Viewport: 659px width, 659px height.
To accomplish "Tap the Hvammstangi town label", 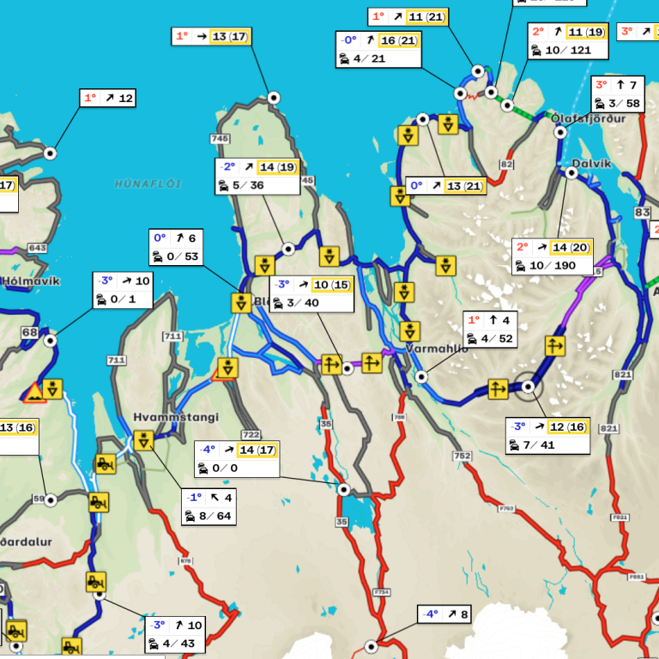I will pyautogui.click(x=175, y=418).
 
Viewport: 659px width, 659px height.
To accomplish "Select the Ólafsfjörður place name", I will pyautogui.click(x=589, y=118).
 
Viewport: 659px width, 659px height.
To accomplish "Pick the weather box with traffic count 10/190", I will pyautogui.click(x=552, y=257).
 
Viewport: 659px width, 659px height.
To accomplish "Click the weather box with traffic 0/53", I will pyautogui.click(x=177, y=247).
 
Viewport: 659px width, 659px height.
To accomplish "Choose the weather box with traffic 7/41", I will pyautogui.click(x=547, y=436).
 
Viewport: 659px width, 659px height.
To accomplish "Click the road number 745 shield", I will pyautogui.click(x=220, y=139).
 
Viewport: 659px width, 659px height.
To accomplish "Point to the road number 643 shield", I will pyautogui.click(x=37, y=249).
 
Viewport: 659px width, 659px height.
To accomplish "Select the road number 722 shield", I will pyautogui.click(x=251, y=435).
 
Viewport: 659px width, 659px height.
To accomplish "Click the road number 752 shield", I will pyautogui.click(x=463, y=456).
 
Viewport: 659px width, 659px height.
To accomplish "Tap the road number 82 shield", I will pyautogui.click(x=506, y=165).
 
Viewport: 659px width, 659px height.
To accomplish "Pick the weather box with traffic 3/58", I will pyautogui.click(x=618, y=94).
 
